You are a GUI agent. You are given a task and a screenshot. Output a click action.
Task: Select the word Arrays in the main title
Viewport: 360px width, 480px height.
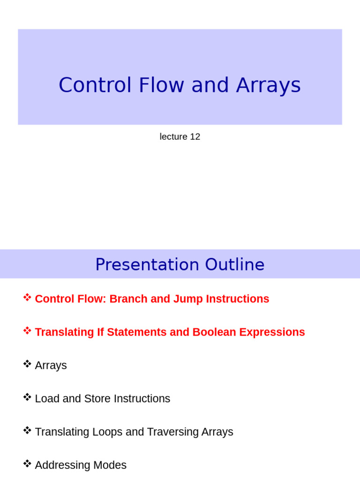coord(268,85)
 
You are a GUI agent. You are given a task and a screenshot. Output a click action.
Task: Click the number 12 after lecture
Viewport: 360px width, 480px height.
coord(195,137)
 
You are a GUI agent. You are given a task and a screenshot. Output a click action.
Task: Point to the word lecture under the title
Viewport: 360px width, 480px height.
coord(173,137)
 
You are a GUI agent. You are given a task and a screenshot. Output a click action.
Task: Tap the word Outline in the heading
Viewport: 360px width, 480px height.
coord(235,265)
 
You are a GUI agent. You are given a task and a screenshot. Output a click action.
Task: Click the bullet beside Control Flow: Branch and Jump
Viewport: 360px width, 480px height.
coord(27,297)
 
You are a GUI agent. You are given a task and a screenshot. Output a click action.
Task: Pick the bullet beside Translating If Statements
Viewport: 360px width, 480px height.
coord(27,330)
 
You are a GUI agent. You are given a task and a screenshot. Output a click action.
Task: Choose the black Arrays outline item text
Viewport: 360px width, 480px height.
coord(51,366)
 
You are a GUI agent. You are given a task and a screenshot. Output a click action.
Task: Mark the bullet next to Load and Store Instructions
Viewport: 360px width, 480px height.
coord(27,397)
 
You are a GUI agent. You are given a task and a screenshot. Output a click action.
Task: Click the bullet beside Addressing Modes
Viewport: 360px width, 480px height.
coord(27,464)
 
